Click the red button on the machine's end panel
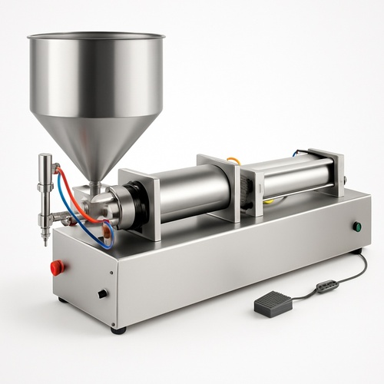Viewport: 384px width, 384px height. [x=56, y=267]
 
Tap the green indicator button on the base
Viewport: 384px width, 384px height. [x=357, y=227]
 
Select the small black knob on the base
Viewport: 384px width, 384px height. [x=102, y=293]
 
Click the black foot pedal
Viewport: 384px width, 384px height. [x=273, y=304]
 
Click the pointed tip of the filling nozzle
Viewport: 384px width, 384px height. [x=45, y=241]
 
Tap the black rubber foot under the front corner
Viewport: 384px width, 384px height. [x=118, y=330]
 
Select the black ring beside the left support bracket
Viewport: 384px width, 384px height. [x=123, y=205]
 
